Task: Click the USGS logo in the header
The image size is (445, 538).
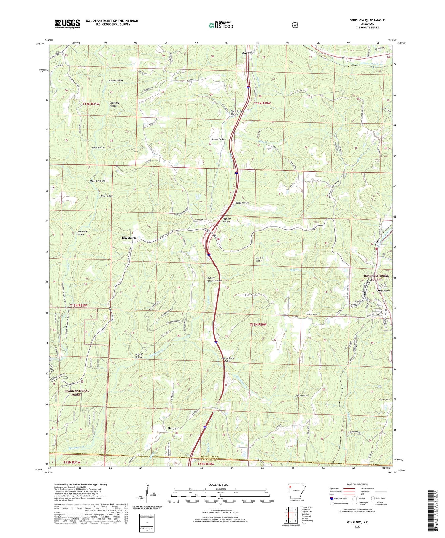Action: (x=67, y=24)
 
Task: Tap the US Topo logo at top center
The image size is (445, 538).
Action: (x=221, y=25)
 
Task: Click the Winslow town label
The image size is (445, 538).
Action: (x=384, y=291)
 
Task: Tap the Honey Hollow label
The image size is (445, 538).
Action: (x=115, y=80)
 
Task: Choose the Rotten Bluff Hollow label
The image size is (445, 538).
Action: (x=228, y=359)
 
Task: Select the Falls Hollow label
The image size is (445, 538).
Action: (x=302, y=396)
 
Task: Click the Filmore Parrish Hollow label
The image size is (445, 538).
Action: (x=214, y=279)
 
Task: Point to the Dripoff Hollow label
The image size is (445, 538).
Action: (x=139, y=356)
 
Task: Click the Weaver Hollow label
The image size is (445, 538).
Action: (x=218, y=139)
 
